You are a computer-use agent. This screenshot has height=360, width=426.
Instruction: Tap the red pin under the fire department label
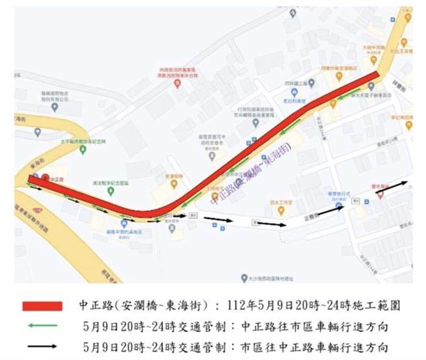(177, 83)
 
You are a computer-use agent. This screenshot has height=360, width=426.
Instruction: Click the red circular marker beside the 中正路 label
(44, 176)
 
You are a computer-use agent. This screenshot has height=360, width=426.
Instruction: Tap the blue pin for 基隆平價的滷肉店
(124, 222)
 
